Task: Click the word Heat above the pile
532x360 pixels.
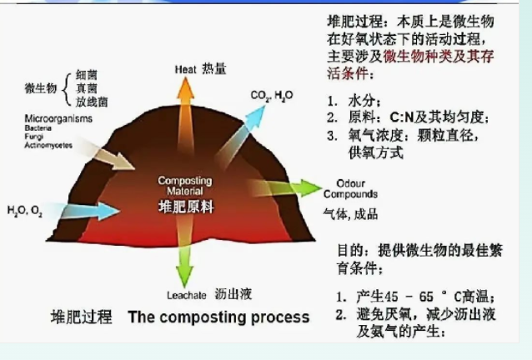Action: [x=185, y=69]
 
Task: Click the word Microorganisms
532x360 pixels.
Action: [x=58, y=118]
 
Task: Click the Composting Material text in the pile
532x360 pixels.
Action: [x=185, y=185]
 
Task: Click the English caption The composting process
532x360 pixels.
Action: [x=218, y=317]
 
